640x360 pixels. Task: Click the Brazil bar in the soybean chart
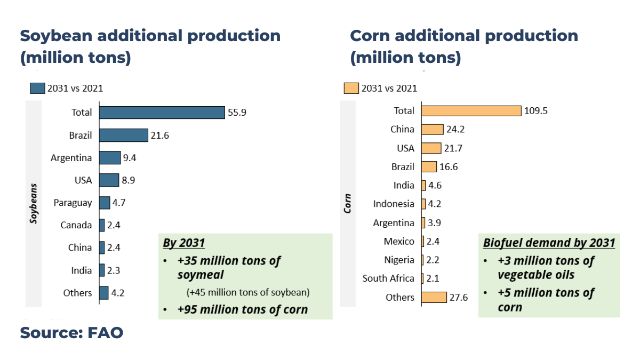pos(123,135)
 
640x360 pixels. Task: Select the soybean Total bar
pos(162,113)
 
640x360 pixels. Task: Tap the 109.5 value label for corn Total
pos(537,111)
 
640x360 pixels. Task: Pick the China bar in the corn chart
pos(432,130)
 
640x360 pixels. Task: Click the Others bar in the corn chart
pos(434,297)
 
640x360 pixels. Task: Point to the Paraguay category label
pos(73,203)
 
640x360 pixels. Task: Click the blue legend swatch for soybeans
pos(37,89)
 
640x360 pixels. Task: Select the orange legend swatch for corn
pos(351,89)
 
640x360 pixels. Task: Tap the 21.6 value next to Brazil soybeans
pos(159,135)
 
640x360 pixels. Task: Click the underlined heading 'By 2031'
pos(183,243)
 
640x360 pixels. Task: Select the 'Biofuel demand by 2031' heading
pos(549,243)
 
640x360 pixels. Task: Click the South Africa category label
pos(388,278)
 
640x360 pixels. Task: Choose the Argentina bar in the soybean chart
pos(110,158)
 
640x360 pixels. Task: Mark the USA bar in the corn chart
pos(431,148)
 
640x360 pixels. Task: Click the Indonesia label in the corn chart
pos(394,204)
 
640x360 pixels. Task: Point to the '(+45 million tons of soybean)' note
pos(248,292)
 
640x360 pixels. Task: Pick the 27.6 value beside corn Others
pos(459,298)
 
